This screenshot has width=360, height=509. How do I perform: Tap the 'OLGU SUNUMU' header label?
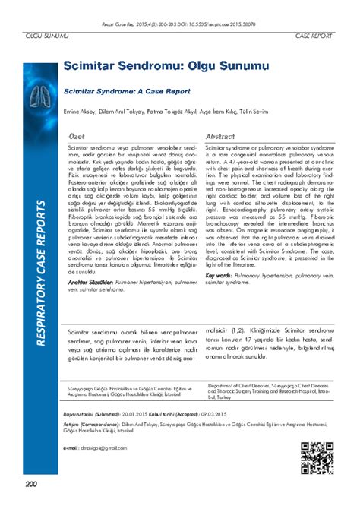44,36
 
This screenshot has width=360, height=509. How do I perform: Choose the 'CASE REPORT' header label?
313,36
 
